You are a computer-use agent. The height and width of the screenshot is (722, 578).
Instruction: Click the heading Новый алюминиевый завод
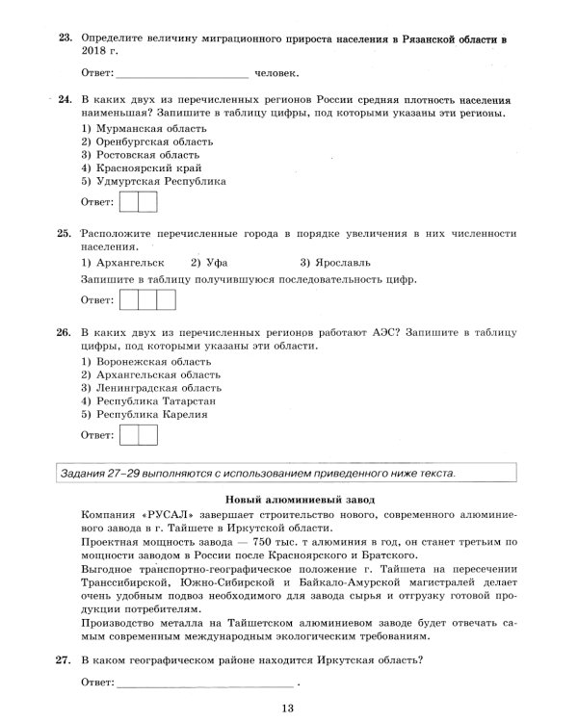pyautogui.click(x=300, y=500)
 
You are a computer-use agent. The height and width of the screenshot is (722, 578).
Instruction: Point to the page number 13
pyautogui.click(x=288, y=710)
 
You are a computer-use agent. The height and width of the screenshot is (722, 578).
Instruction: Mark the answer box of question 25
pyautogui.click(x=146, y=299)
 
